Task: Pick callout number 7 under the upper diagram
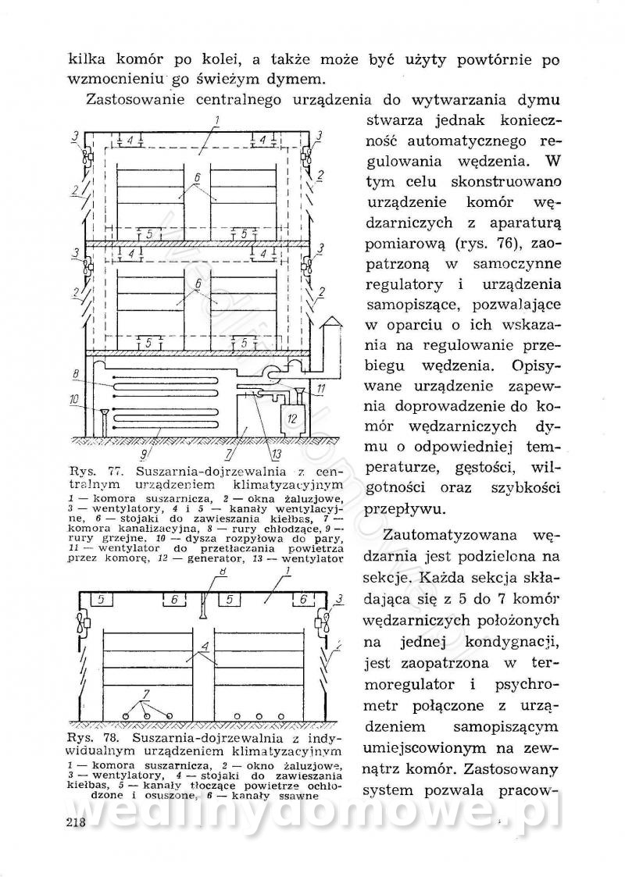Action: tap(227, 451)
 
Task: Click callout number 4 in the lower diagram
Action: tap(202, 647)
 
